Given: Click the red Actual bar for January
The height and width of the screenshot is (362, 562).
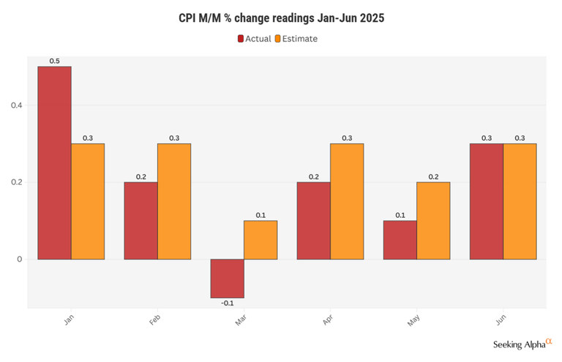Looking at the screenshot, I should click(54, 163).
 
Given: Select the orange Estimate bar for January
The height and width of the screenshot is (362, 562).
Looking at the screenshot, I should click(88, 202).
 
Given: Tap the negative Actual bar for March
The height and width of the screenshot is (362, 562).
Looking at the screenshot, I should click(227, 278).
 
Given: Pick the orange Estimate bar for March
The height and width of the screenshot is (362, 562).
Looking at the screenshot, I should click(261, 240).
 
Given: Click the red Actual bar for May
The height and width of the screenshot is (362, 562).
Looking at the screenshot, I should click(400, 240).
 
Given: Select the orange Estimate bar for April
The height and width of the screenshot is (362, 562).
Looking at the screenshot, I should click(347, 202).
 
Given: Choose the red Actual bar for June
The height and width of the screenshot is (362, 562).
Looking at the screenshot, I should click(486, 202).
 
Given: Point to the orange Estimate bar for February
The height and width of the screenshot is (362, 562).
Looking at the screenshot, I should click(174, 202).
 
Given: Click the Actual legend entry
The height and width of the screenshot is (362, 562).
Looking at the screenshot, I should click(254, 39).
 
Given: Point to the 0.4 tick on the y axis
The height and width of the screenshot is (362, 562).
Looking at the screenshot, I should click(17, 106).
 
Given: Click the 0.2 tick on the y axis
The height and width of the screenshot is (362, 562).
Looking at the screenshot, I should click(17, 182).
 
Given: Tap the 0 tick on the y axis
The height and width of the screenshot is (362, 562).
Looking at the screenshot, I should click(20, 259).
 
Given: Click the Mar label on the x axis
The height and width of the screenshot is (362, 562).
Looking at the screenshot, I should click(242, 321).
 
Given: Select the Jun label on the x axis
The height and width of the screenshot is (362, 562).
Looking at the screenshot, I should click(501, 321).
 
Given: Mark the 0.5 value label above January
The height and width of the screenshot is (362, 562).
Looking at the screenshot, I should click(54, 61).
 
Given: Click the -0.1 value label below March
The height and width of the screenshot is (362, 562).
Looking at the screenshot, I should click(227, 303).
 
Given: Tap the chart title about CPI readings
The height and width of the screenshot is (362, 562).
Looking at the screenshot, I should click(281, 18).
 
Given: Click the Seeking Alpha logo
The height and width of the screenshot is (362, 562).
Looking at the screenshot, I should click(523, 343).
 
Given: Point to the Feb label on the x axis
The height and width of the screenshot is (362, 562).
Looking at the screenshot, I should click(156, 321).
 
